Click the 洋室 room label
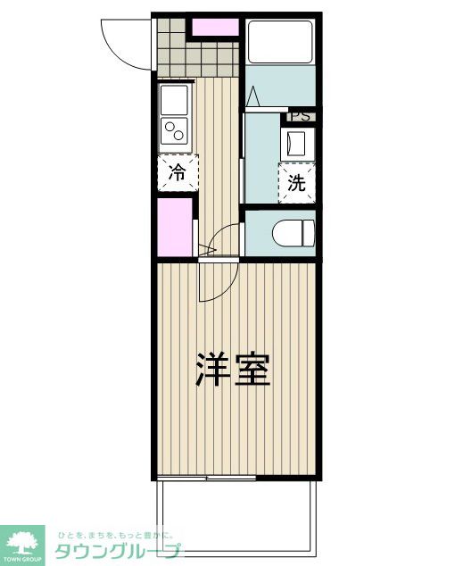[233, 369]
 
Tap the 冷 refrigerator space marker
[178, 171]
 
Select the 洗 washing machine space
[297, 183]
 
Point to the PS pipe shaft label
[300, 115]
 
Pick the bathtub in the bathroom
[281, 41]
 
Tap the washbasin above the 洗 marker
[295, 143]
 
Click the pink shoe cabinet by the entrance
[214, 27]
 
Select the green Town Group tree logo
[24, 541]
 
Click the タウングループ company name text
[116, 552]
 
